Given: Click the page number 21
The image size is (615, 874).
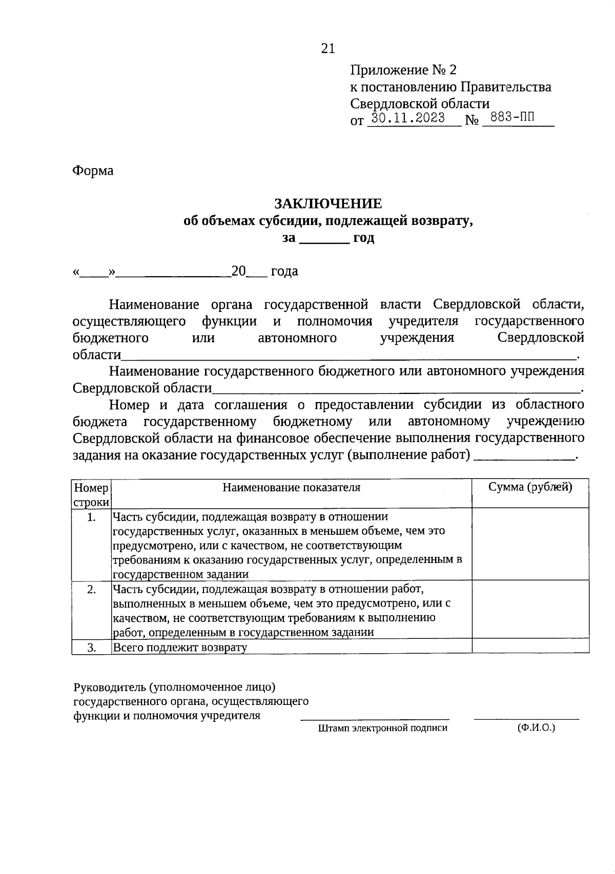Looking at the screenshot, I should tap(328, 49).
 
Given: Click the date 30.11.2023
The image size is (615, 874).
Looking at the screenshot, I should tap(408, 118).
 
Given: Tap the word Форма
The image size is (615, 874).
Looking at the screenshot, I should tap(93, 171).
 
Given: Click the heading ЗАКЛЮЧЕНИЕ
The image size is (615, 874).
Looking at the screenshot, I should tap(328, 203).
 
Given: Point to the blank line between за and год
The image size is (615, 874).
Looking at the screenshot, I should tap(324, 239).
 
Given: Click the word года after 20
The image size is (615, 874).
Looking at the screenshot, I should tap(284, 272).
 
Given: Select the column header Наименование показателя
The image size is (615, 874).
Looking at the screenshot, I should tap(291, 488).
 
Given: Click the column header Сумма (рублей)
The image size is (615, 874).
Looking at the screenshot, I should tap(530, 488).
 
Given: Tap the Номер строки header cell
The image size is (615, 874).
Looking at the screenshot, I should tap(91, 494).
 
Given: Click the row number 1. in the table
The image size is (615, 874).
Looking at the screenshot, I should tap(91, 517).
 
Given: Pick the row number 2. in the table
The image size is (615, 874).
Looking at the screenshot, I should tap(91, 590).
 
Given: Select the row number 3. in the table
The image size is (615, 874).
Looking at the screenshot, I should tap(91, 648).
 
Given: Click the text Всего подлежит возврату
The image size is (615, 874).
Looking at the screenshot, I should tap(180, 648).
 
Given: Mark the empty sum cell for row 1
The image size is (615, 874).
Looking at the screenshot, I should tap(530, 544).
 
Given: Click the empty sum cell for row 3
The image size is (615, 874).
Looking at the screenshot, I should tap(530, 646).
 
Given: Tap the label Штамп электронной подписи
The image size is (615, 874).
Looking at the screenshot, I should tap(382, 728).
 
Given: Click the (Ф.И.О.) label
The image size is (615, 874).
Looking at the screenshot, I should tap(536, 727).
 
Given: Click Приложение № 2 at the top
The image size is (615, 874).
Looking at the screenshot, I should tap(403, 70).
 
